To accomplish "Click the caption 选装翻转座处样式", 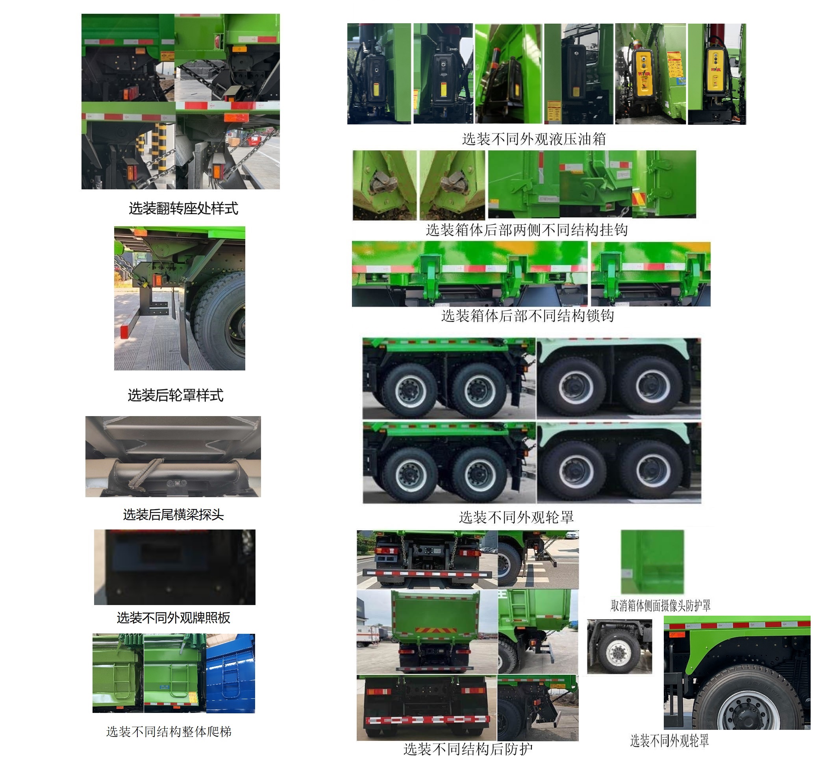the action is click(x=183, y=209).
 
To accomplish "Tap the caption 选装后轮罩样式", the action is click(x=176, y=395).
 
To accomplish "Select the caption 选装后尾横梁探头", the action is click(x=174, y=514).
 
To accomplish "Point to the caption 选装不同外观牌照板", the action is click(x=174, y=617).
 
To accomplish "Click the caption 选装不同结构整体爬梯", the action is click(x=169, y=731).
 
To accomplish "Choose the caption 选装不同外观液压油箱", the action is click(x=534, y=139).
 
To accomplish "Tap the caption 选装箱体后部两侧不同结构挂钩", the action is click(x=527, y=230).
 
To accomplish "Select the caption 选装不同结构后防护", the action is click(x=468, y=749).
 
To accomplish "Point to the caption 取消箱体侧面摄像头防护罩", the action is click(x=661, y=605).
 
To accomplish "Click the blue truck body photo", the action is click(x=231, y=673).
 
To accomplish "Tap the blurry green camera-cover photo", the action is click(x=652, y=561).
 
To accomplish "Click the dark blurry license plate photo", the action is click(x=175, y=567).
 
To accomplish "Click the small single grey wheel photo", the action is click(x=619, y=646).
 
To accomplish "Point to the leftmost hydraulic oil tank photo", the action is click(x=379, y=74).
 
